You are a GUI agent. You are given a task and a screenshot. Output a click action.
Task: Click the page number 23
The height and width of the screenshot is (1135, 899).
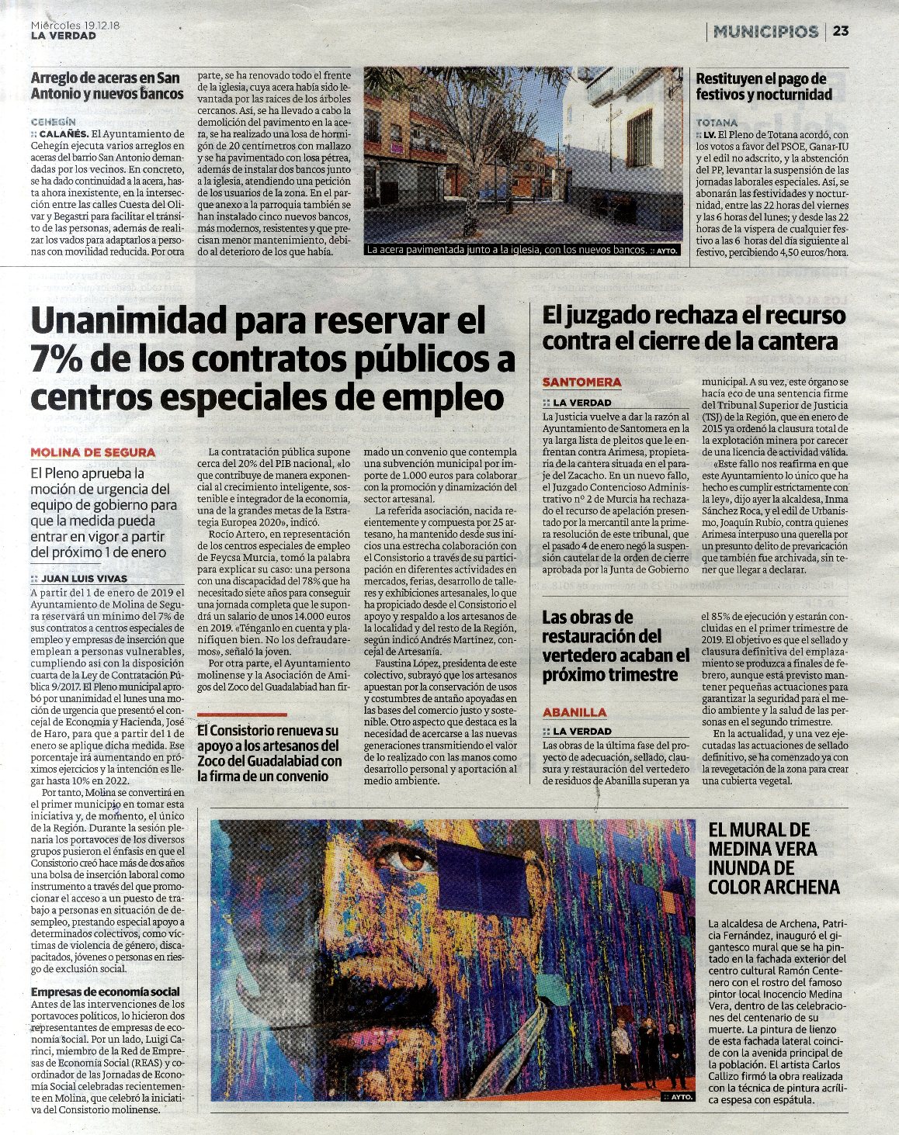841,31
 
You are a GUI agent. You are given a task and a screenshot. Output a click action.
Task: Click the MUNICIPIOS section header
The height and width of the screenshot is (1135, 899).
765,31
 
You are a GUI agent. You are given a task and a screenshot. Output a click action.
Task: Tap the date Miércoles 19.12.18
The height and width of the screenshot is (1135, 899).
81,25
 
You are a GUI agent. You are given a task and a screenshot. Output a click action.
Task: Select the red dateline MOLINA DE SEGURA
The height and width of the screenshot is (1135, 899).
93,452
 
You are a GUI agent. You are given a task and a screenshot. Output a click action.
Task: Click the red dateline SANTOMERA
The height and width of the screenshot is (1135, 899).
581,382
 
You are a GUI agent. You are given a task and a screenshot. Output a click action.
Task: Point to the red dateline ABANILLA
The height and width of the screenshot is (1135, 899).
574,711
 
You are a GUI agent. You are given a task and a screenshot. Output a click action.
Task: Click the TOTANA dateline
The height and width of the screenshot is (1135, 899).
717,123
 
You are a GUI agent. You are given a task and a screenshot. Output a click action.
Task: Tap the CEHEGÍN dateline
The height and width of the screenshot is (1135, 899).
53,122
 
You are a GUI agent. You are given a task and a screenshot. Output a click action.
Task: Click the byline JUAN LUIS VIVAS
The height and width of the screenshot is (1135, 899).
84,578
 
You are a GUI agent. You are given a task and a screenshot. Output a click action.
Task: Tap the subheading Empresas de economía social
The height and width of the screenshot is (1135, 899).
105,991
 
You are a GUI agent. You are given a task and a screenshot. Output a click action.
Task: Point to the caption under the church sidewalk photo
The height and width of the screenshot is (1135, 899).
505,251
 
